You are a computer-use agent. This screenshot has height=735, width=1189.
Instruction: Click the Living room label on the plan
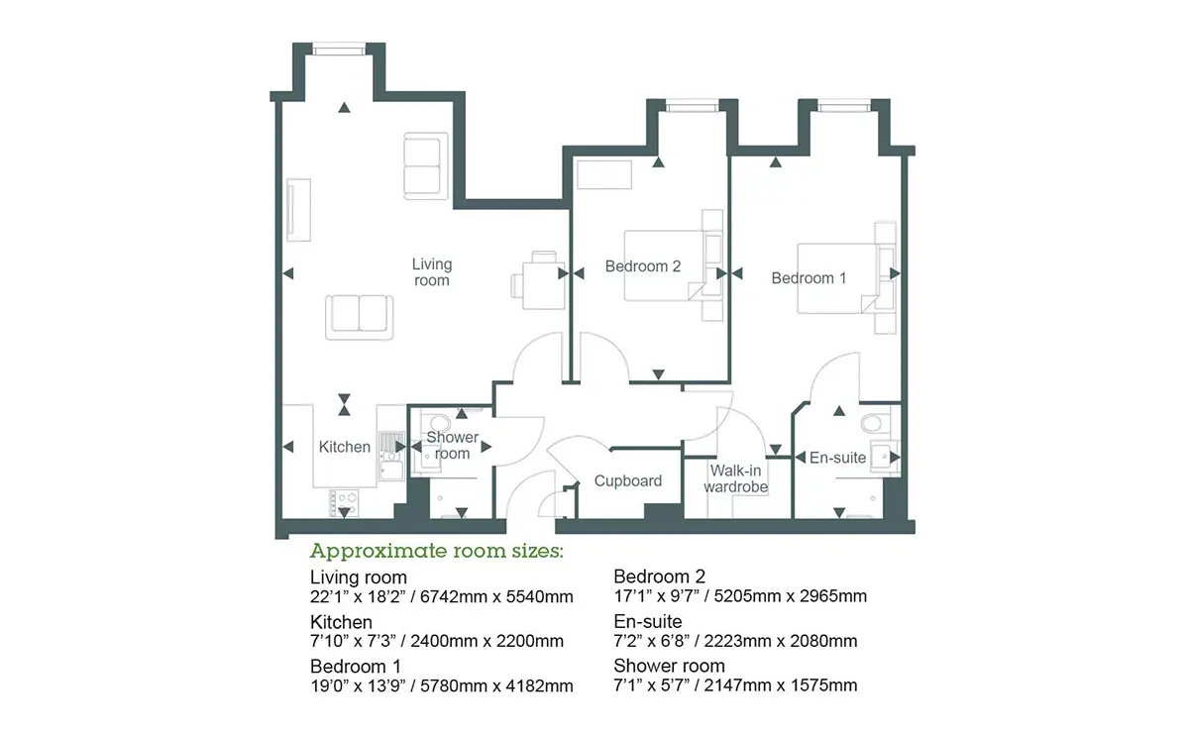(x=432, y=272)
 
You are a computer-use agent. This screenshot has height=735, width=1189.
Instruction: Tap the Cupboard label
(x=628, y=480)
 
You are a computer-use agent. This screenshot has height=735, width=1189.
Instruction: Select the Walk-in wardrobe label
(x=735, y=478)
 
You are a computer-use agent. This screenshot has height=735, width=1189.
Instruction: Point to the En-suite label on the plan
(x=837, y=458)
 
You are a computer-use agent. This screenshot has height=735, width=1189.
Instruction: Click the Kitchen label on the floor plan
(x=345, y=447)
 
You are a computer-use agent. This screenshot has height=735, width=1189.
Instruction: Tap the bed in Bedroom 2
(x=665, y=265)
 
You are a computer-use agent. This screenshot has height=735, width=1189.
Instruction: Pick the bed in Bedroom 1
(x=837, y=278)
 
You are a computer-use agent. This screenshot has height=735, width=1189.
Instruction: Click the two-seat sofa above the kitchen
(x=360, y=317)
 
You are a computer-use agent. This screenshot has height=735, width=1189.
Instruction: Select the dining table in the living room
(x=544, y=285)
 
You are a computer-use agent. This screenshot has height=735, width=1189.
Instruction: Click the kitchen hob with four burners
(x=344, y=502)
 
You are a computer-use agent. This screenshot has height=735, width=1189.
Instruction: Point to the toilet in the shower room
(x=440, y=423)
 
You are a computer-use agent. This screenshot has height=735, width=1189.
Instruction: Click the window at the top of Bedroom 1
(x=844, y=108)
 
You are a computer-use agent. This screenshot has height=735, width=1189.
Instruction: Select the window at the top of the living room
(x=339, y=51)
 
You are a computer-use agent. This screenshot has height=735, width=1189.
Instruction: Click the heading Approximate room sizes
(x=436, y=552)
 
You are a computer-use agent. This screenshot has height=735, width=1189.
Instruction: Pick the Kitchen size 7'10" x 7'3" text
(x=354, y=641)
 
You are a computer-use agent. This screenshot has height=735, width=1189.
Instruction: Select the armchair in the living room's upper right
(x=426, y=166)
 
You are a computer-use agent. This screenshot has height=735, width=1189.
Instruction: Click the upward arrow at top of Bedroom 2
(x=658, y=162)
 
